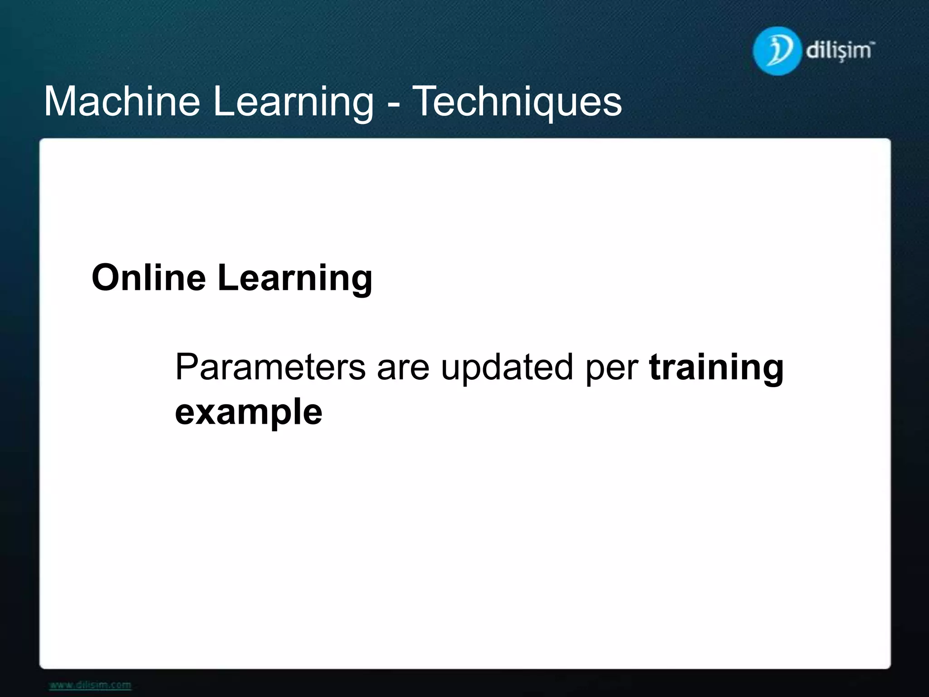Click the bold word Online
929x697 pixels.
148,277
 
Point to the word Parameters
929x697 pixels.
270,367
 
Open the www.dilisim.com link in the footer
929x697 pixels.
90,685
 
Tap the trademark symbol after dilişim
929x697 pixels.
873,43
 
